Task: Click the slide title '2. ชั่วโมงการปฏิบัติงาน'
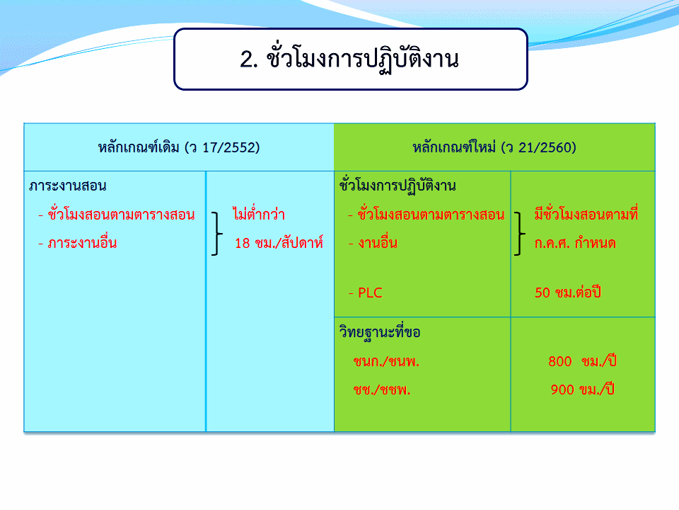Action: coord(349,59)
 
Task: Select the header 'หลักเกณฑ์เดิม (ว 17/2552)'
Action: coord(179,147)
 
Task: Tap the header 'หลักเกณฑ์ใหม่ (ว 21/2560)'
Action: coord(494,147)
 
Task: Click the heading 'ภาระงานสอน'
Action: coord(68,186)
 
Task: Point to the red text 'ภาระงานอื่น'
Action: coord(78,243)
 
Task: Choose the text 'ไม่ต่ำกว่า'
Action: coord(259,213)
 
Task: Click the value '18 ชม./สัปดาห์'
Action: coord(279,243)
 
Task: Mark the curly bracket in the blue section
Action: coord(216,233)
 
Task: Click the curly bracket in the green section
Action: coord(519,233)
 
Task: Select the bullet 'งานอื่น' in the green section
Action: coord(373,243)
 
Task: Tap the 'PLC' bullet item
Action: coord(366,293)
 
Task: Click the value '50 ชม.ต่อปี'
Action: coord(568,293)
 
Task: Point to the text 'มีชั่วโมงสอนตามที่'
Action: coord(586,213)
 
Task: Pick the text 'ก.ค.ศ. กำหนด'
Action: coord(574,243)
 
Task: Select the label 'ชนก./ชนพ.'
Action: coord(386,361)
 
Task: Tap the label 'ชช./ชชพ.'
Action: coord(381,390)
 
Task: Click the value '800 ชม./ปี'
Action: coord(582,361)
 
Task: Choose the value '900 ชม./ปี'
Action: coord(582,390)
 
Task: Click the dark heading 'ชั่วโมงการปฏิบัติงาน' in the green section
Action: coord(397,186)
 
